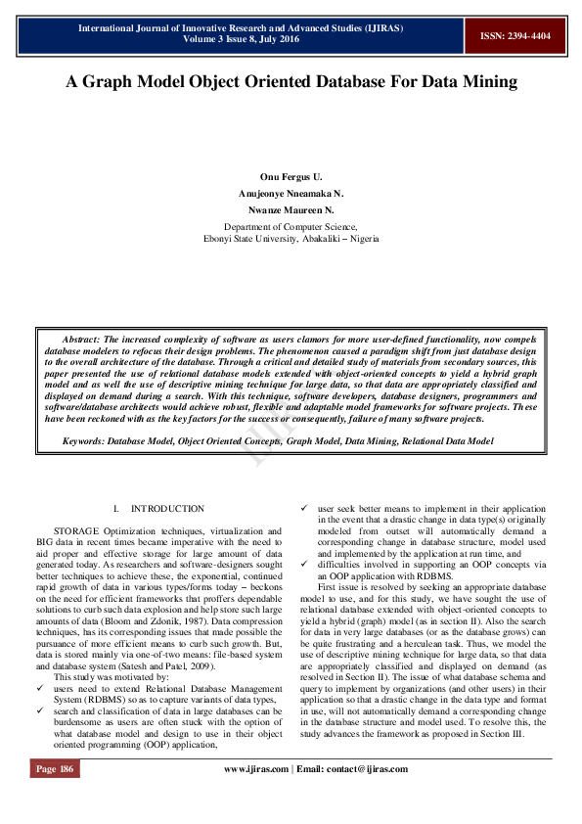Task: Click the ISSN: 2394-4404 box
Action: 515,35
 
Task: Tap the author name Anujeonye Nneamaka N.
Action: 291,194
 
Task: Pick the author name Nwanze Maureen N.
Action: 291,209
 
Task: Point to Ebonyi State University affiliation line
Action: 291,239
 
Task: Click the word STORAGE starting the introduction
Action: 76,528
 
